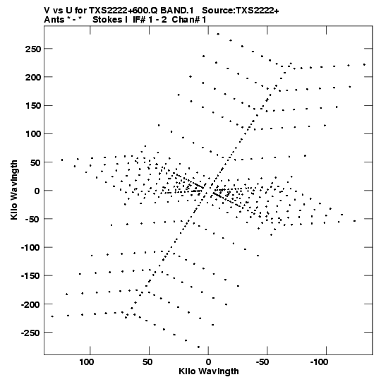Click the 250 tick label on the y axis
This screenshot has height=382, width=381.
(x=33, y=49)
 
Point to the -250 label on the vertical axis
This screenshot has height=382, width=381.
(x=30, y=333)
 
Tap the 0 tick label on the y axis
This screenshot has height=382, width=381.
(x=37, y=191)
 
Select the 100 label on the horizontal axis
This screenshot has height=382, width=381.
(x=87, y=362)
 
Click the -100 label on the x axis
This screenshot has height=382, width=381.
(x=319, y=362)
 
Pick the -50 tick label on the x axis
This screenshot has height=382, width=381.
(x=262, y=362)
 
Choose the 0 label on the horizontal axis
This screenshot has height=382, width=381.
(x=208, y=362)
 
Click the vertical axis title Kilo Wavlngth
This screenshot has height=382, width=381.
(x=14, y=190)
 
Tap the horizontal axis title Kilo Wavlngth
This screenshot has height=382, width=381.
(x=209, y=371)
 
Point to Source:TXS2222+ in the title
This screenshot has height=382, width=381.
(x=241, y=11)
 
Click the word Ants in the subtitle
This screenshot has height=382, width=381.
(x=54, y=20)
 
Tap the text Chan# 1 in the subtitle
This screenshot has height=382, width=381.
(x=189, y=20)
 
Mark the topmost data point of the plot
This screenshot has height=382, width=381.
(x=218, y=34)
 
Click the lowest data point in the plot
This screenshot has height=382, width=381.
(x=198, y=347)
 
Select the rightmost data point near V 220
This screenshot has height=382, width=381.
(x=364, y=64)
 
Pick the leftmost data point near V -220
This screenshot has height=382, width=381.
(x=52, y=316)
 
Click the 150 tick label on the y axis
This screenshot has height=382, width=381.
(x=33, y=106)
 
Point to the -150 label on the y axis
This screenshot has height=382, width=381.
(x=30, y=276)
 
